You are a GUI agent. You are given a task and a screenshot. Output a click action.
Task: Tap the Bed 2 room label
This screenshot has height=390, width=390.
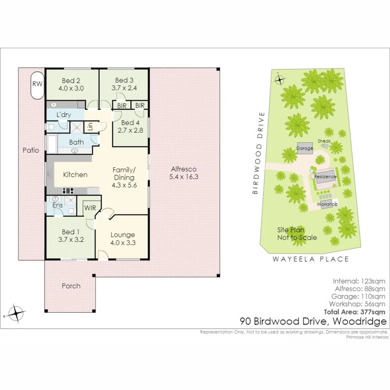click(71, 81)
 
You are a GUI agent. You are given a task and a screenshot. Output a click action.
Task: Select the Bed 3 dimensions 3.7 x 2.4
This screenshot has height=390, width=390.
click(124, 88)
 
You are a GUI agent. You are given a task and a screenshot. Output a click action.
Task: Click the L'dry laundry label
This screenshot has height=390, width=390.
click(64, 115)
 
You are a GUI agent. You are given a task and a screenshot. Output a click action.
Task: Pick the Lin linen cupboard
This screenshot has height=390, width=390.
click(90, 127)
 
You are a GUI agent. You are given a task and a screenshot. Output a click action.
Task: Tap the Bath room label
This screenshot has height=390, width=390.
click(76, 142)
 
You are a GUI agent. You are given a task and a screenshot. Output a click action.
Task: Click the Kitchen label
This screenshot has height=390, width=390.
click(75, 175)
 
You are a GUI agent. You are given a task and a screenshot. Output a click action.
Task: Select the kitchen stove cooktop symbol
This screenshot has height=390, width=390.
click(68, 191)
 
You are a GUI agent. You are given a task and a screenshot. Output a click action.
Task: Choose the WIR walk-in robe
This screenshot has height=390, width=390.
click(90, 208)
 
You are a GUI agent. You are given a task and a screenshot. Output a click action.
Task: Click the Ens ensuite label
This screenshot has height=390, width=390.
click(57, 205)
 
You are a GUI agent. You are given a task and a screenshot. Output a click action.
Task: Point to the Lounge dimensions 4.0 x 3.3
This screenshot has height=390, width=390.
click(123, 243)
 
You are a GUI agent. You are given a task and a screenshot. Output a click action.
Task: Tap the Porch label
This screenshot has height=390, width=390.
click(71, 286)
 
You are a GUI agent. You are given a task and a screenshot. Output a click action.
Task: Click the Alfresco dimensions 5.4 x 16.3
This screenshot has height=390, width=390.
click(184, 177)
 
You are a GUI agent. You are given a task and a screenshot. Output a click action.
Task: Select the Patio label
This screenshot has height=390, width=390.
click(30, 150)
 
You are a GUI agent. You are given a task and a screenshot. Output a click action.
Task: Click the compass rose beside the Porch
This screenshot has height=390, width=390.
click(16, 312)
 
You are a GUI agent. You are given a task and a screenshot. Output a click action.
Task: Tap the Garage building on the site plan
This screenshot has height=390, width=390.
click(305, 148)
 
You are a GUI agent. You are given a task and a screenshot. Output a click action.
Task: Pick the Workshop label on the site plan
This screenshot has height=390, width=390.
click(327, 204)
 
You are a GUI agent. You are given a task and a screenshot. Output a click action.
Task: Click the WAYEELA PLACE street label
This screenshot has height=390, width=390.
click(311, 259)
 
